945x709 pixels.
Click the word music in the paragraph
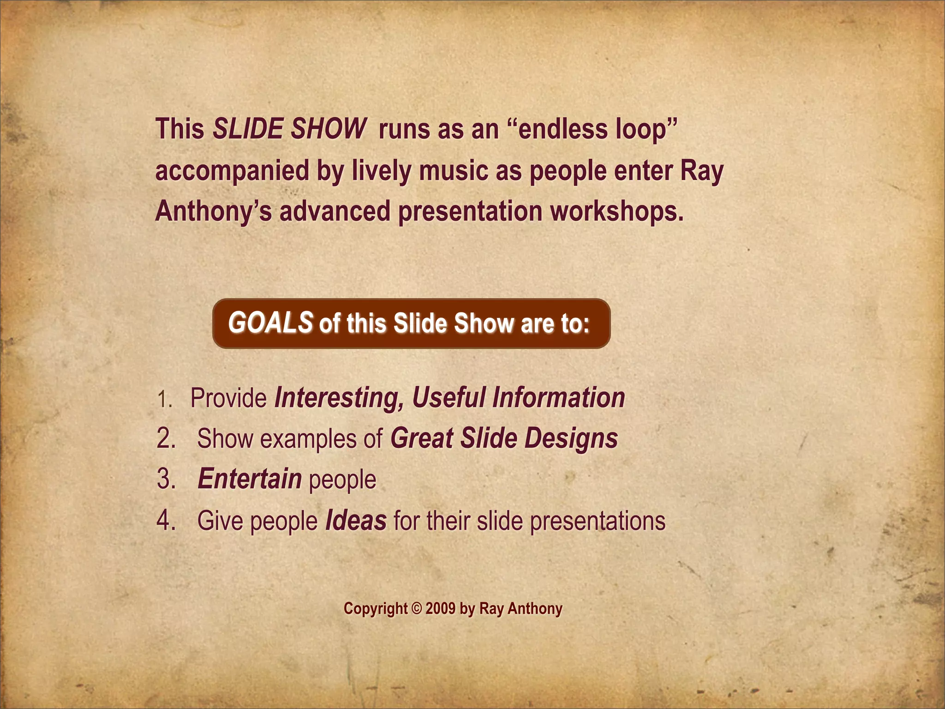(x=454, y=171)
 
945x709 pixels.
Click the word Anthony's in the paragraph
(x=213, y=211)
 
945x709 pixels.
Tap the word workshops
(x=616, y=211)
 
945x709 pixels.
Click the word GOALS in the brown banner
(x=270, y=323)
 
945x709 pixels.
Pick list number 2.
(x=166, y=439)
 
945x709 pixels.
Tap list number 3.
(x=166, y=479)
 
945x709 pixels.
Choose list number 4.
(x=166, y=521)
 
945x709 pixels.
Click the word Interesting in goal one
(x=339, y=398)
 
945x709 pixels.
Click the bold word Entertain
(x=250, y=479)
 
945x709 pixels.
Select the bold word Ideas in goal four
(x=356, y=521)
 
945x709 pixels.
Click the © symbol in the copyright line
(x=416, y=608)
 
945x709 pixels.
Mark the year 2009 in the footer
(x=441, y=608)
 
